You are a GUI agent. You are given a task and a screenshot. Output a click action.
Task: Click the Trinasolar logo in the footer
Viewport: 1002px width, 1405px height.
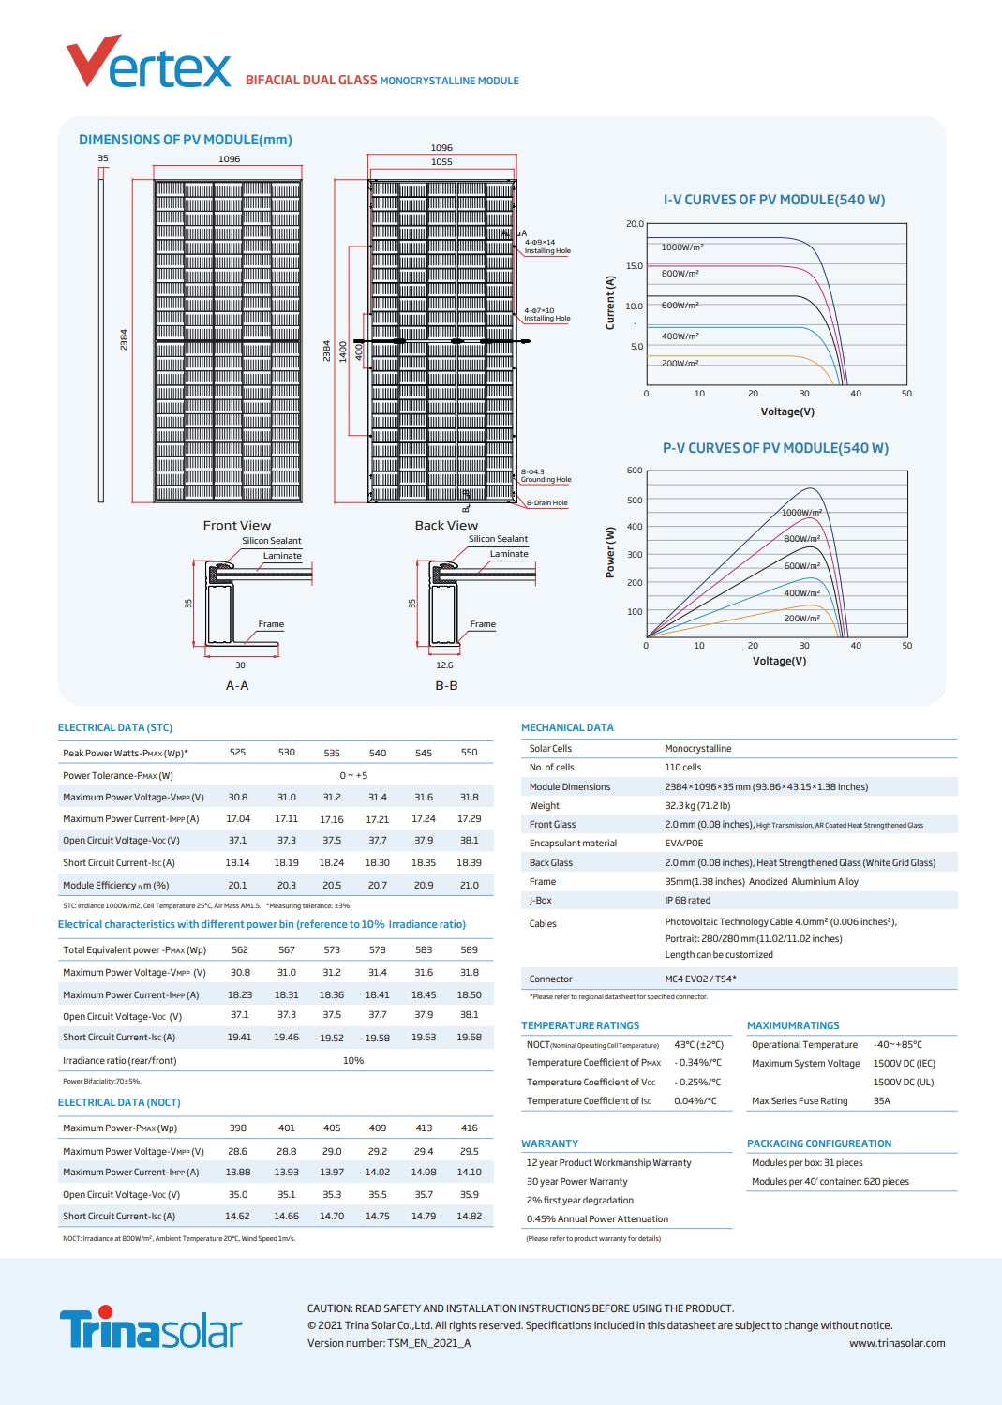coord(150,1328)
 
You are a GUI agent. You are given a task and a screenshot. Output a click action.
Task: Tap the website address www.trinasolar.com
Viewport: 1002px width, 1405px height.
coord(896,1343)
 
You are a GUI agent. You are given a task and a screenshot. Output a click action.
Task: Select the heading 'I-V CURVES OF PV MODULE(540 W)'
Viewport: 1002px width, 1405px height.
coord(773,200)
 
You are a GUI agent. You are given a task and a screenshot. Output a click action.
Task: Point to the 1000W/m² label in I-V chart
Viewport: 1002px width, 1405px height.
coord(681,247)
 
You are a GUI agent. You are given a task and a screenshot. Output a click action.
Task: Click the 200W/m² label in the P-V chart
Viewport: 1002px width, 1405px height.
coord(801,619)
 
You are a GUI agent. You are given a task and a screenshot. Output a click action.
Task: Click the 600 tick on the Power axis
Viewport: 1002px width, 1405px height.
coord(635,471)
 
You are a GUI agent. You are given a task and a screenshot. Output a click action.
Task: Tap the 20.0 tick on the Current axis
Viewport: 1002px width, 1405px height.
coord(635,224)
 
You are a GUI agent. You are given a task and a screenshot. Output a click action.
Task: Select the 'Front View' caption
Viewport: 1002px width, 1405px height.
coord(236,526)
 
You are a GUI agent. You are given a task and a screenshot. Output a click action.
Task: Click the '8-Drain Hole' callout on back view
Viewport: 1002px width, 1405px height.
coord(546,503)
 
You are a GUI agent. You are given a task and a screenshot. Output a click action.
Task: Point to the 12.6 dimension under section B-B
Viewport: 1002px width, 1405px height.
coord(444,665)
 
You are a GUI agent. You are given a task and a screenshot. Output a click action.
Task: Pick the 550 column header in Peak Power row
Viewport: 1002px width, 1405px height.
coord(469,753)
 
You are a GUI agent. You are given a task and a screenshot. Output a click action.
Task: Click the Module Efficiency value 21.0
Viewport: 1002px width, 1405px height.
coord(469,885)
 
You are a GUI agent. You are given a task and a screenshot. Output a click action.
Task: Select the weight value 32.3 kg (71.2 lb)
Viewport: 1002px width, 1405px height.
coord(697,806)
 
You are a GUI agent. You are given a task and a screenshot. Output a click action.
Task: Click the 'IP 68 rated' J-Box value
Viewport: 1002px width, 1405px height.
coord(687,901)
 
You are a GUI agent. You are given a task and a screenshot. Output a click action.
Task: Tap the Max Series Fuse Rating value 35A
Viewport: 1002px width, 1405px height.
coord(881,1101)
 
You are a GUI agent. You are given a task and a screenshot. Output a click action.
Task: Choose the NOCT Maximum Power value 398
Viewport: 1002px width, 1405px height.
coord(238,1128)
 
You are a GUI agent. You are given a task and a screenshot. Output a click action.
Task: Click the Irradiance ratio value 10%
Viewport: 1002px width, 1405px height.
coord(353,1061)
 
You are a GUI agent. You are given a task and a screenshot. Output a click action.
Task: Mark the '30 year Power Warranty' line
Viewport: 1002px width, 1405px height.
coord(576,1182)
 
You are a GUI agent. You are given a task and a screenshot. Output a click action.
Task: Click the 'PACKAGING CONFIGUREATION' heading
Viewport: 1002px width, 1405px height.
coord(818,1143)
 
